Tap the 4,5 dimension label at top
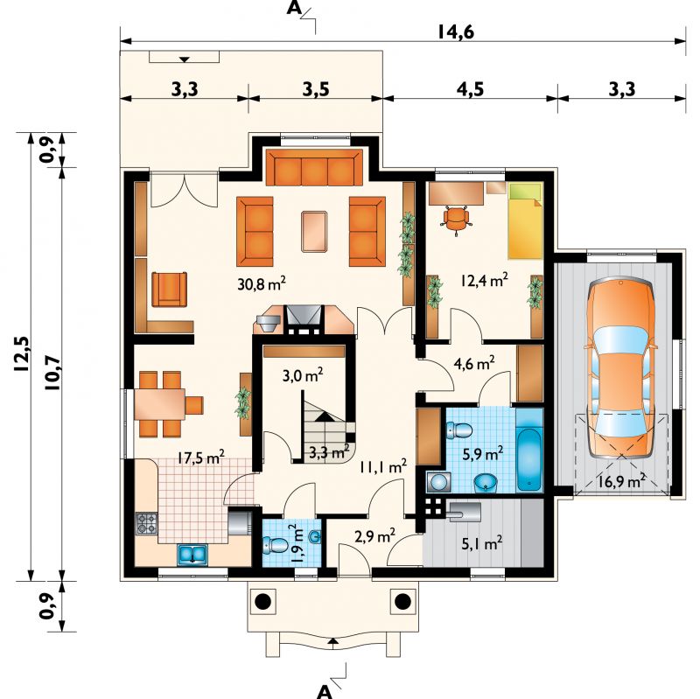(x=470, y=89)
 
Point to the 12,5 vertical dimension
(x=21, y=353)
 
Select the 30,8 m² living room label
(x=261, y=283)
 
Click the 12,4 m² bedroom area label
(x=484, y=281)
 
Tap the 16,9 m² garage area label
(x=621, y=482)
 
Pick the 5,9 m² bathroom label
(x=483, y=454)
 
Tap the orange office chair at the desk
(x=456, y=219)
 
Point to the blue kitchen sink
(x=192, y=554)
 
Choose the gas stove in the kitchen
(x=147, y=523)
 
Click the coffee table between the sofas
(x=314, y=232)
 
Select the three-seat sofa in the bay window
(x=314, y=167)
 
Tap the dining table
(x=160, y=404)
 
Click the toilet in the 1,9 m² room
(x=276, y=545)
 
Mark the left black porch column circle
(x=262, y=601)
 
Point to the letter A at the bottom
(x=325, y=691)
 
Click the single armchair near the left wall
(x=169, y=290)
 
